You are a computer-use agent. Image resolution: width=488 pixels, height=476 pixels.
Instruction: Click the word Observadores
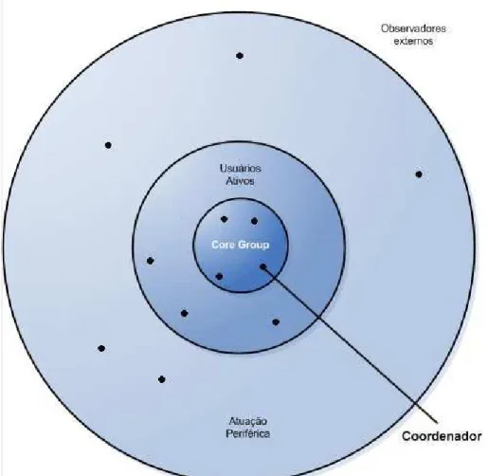413,28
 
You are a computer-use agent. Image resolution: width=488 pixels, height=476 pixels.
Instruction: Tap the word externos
413,41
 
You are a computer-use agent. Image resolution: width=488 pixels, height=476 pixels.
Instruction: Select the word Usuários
241,168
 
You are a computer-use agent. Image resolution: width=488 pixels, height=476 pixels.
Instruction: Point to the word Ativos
241,181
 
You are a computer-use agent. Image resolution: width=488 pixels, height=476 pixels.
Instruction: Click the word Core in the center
223,245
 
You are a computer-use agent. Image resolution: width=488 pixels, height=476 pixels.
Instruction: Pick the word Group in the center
254,245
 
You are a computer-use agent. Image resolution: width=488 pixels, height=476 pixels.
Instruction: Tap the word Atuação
248,421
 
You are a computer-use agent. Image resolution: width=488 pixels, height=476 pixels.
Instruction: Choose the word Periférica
248,433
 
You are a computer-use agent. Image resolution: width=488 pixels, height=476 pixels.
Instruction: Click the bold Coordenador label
442,436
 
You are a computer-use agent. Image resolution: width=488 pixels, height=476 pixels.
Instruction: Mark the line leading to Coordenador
350,344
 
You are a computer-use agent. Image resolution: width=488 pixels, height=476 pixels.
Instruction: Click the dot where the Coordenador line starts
262,267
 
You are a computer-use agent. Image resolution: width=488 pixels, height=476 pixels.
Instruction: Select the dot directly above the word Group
254,221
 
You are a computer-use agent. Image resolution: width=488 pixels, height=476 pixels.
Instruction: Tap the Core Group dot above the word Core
224,219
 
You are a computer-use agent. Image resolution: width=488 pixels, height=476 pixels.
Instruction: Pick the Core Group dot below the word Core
219,277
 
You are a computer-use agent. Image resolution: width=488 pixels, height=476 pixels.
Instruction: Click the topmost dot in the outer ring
240,56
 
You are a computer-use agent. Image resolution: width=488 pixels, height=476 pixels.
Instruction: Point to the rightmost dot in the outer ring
419,174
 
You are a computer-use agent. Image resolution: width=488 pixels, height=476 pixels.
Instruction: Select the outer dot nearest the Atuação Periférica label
161,379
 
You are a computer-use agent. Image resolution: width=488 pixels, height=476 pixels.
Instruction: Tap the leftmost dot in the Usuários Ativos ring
150,261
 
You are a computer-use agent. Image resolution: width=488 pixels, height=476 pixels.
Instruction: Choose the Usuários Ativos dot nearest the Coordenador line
276,322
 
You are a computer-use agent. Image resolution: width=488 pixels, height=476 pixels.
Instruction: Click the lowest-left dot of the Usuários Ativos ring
184,313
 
